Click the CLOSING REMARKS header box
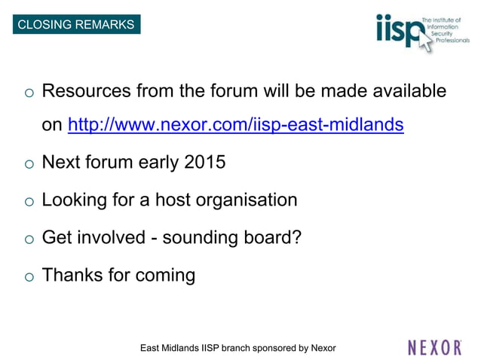point(75,24)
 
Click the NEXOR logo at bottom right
point(434,347)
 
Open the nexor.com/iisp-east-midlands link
point(235,124)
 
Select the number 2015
point(204,162)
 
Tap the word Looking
point(75,200)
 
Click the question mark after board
point(297,238)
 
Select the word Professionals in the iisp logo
point(450,40)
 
